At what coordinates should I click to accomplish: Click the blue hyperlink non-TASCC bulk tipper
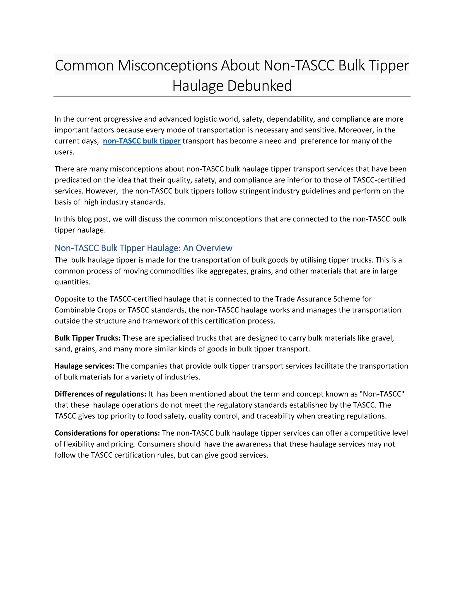pos(142,141)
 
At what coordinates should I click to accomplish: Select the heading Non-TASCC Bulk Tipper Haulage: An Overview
pos(143,248)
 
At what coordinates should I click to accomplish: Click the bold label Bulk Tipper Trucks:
pos(87,338)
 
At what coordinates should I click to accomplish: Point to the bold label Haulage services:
pos(84,366)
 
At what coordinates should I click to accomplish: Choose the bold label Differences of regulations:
pos(100,394)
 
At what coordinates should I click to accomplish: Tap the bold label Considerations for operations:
pos(107,433)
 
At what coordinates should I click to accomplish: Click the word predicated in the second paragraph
pos(71,180)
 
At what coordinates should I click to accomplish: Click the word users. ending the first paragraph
pos(65,152)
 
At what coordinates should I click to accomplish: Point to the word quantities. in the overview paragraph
pos(72,282)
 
